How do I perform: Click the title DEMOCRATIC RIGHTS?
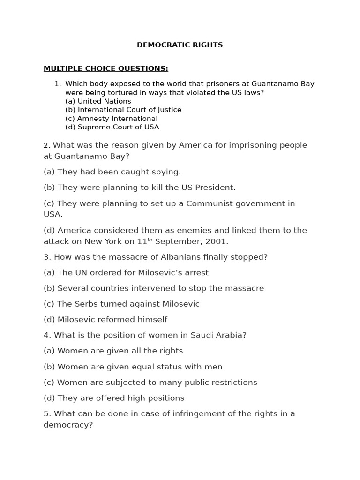pyautogui.click(x=180, y=45)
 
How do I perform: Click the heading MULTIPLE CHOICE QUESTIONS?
pyautogui.click(x=105, y=68)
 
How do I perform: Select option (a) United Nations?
pyautogui.click(x=98, y=101)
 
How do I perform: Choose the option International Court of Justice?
pyautogui.click(x=123, y=110)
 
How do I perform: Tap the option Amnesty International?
pyautogui.click(x=111, y=119)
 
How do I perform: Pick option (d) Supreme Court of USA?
pyautogui.click(x=112, y=127)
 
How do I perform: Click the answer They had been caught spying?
pyautogui.click(x=112, y=172)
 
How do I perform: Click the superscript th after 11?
pyautogui.click(x=150, y=240)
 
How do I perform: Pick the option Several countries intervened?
pyautogui.click(x=153, y=288)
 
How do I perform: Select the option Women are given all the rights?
pyautogui.click(x=113, y=351)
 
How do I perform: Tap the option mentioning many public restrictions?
pyautogui.click(x=150, y=382)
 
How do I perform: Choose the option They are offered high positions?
pyautogui.click(x=114, y=398)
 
